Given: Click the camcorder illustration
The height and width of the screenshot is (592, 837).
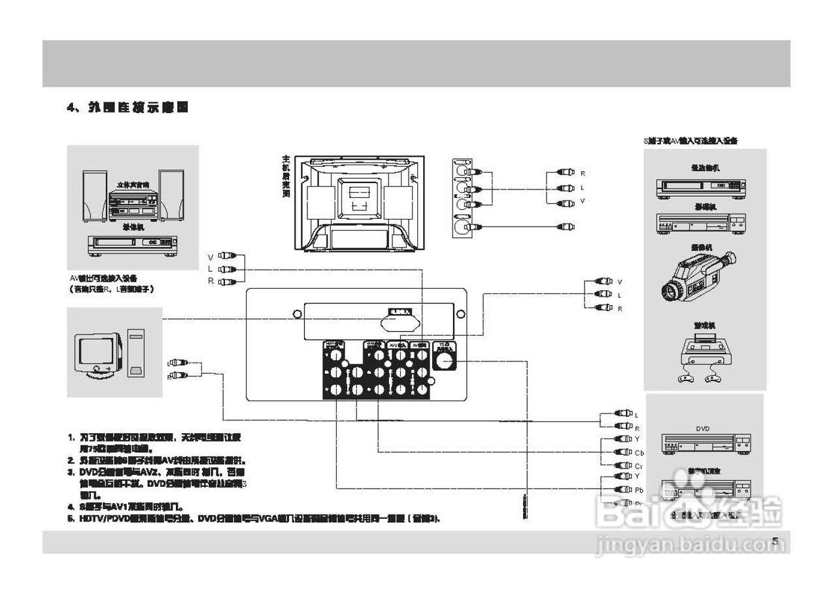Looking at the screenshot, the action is [x=698, y=278].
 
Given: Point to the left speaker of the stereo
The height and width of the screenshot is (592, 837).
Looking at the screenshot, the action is [x=94, y=195].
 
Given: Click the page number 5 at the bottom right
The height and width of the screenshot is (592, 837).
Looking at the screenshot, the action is [x=775, y=541].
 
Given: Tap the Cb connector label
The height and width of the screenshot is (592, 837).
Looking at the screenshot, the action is [x=639, y=453].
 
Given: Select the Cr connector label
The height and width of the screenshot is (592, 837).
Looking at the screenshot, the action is [x=638, y=467].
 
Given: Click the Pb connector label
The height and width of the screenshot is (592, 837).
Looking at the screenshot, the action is [x=639, y=490].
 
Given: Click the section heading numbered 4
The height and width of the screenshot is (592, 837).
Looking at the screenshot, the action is [x=128, y=108].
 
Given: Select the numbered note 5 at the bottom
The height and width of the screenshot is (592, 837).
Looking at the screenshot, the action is [x=255, y=519].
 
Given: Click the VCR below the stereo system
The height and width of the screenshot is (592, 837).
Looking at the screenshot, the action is [x=133, y=245].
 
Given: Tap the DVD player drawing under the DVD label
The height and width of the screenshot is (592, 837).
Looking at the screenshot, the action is [x=706, y=444].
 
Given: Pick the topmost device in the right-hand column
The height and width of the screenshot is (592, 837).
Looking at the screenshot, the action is [x=701, y=186].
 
